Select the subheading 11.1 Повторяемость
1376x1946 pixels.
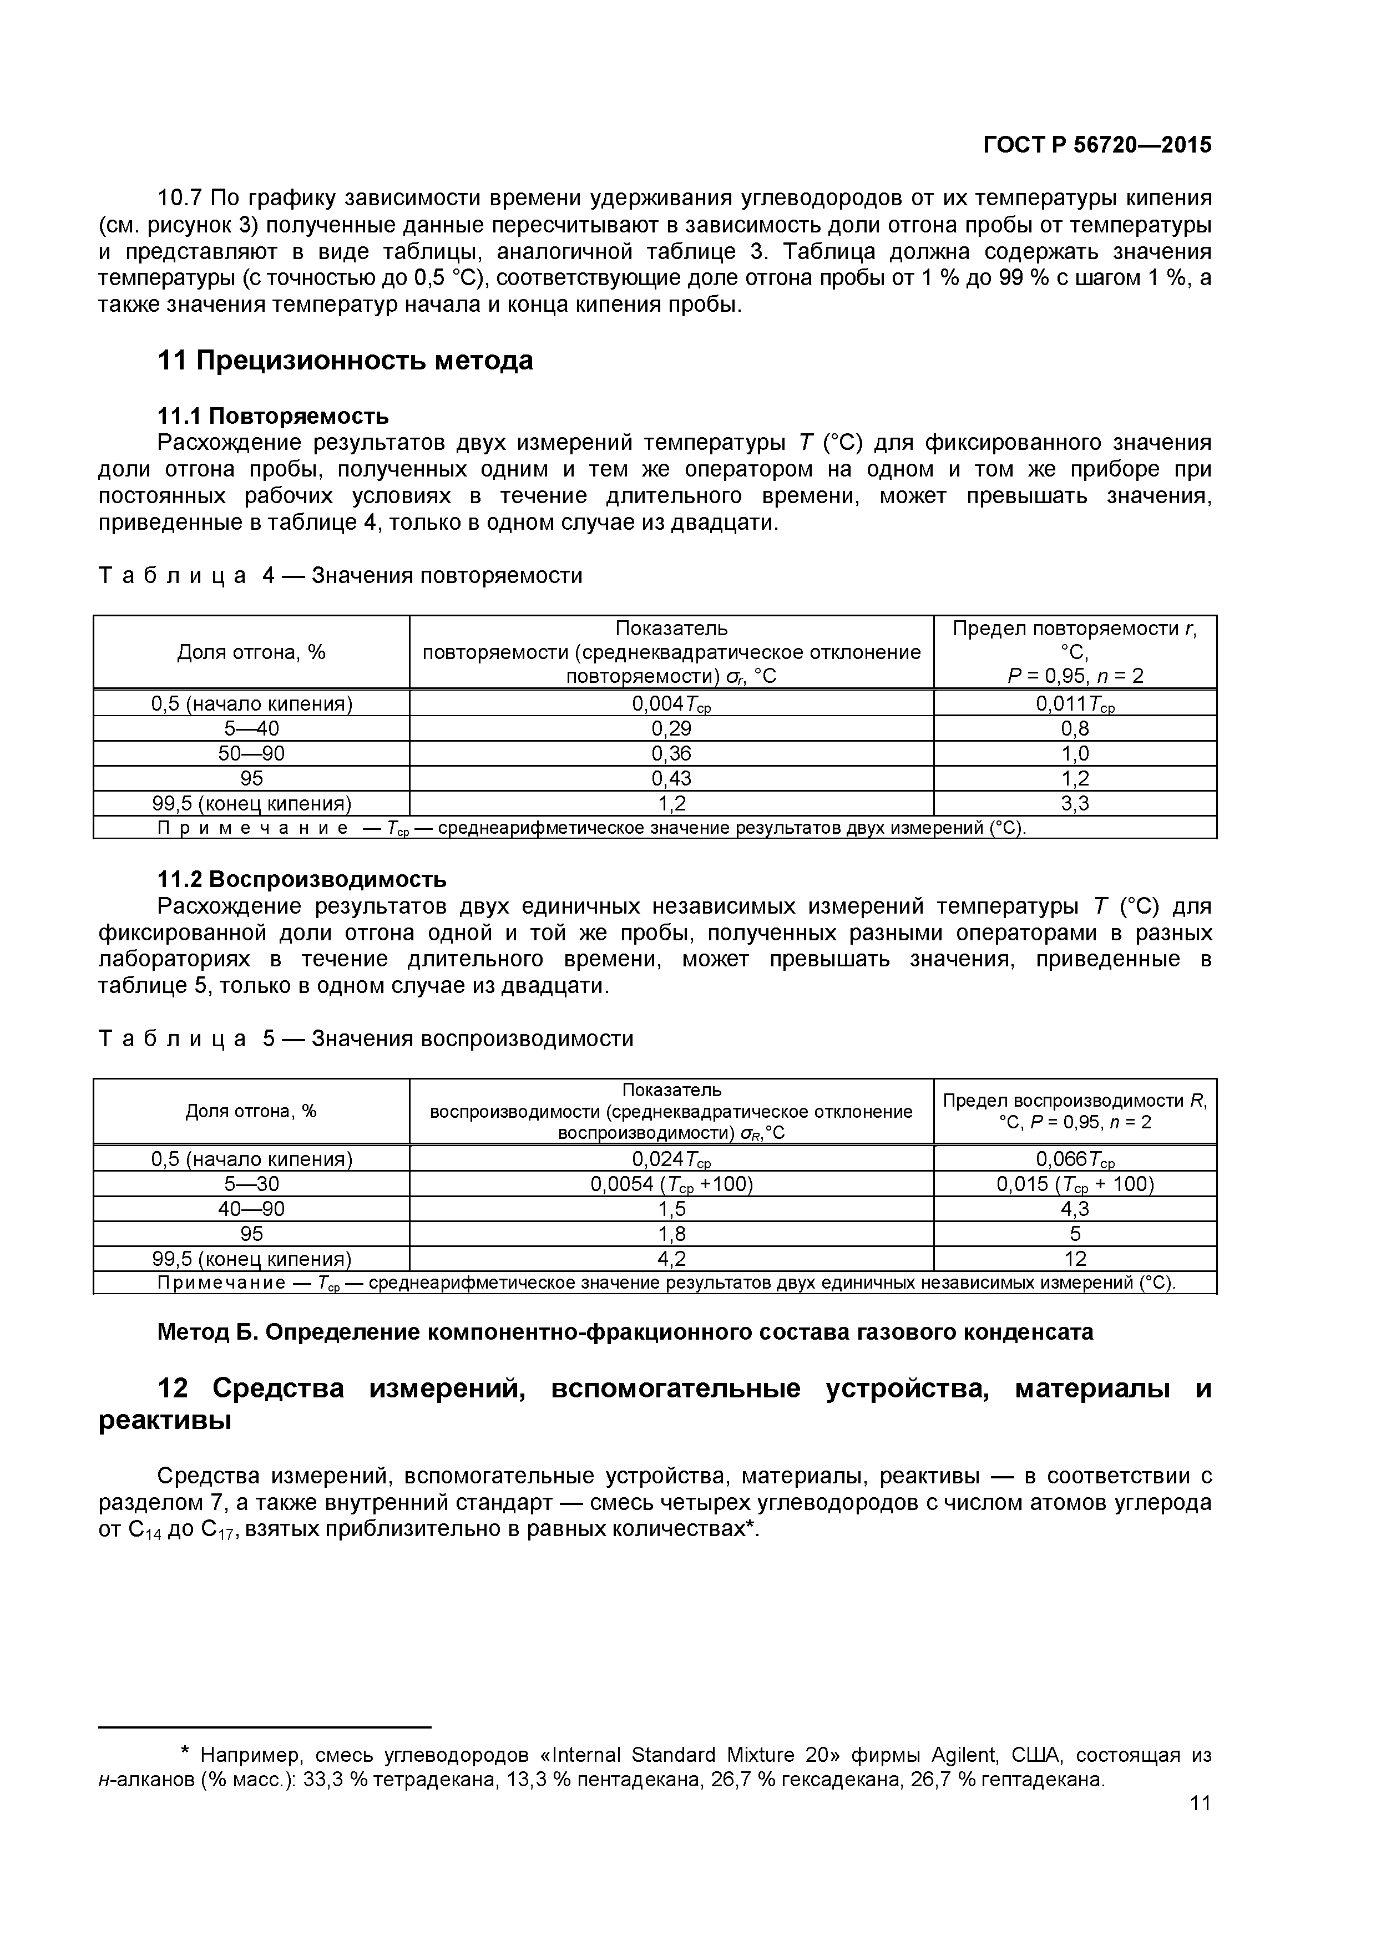[273, 416]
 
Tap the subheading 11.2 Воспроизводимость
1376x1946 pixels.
[302, 879]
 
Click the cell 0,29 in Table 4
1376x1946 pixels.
[671, 729]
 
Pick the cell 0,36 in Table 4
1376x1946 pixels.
[671, 753]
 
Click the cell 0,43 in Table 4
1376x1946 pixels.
[671, 778]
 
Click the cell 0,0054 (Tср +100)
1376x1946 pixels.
[671, 1184]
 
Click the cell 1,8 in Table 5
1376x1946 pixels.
[671, 1233]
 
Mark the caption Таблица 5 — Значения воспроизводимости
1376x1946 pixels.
[366, 1039]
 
